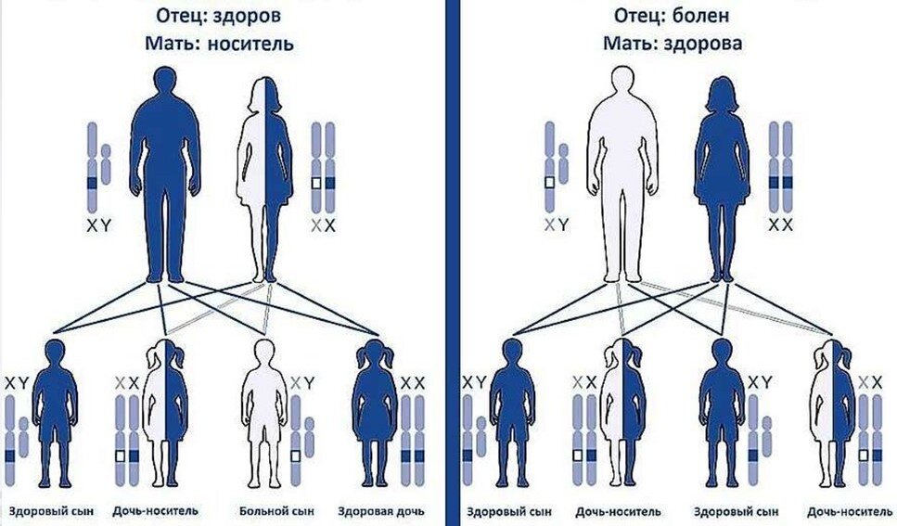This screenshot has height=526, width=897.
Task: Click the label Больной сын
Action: [x=268, y=511]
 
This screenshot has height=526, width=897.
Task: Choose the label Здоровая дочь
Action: [x=381, y=511]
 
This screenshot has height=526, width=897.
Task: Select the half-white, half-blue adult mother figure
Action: [x=267, y=176]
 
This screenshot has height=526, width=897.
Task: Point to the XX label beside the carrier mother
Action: [x=323, y=225]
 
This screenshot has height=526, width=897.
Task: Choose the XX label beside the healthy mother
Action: [x=781, y=225]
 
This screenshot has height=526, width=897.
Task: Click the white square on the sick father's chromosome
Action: [x=550, y=183]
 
